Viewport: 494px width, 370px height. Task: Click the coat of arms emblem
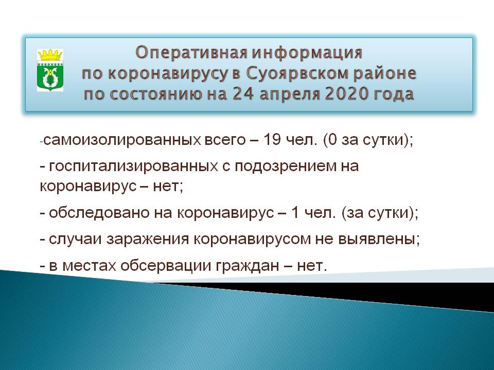tap(50, 70)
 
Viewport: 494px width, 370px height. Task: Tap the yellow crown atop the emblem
tap(50, 55)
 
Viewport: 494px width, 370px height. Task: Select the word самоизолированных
tap(122, 140)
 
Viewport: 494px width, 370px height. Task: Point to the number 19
tap(272, 139)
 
